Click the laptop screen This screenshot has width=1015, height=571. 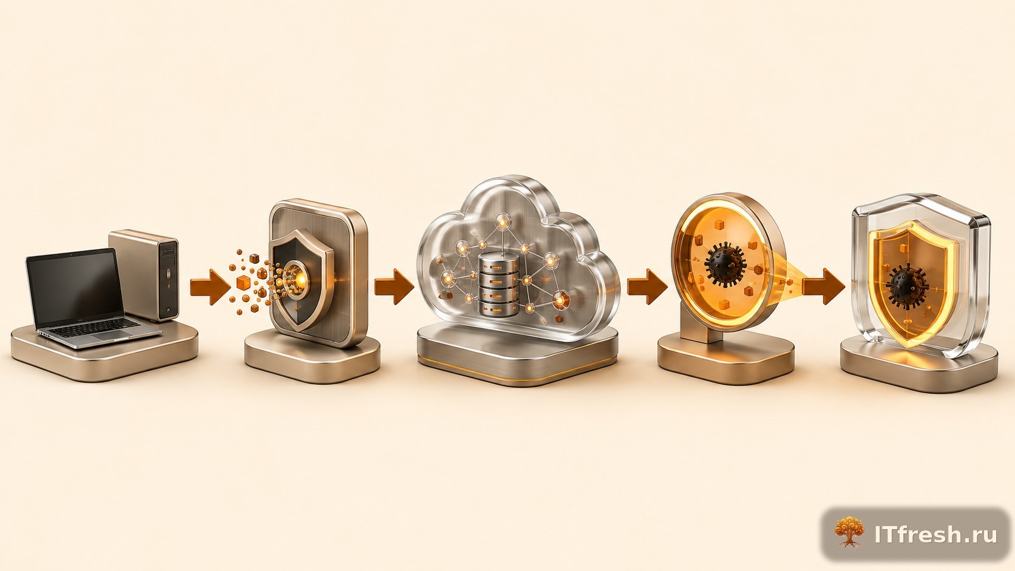74,287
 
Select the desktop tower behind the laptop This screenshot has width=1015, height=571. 144,274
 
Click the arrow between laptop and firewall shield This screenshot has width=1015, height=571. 210,287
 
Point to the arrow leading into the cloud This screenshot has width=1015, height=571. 394,286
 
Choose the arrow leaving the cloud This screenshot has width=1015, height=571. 647,286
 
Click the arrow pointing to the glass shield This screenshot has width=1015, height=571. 824,286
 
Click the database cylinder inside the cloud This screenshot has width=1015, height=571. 498,285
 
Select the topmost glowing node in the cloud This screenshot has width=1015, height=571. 503,222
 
